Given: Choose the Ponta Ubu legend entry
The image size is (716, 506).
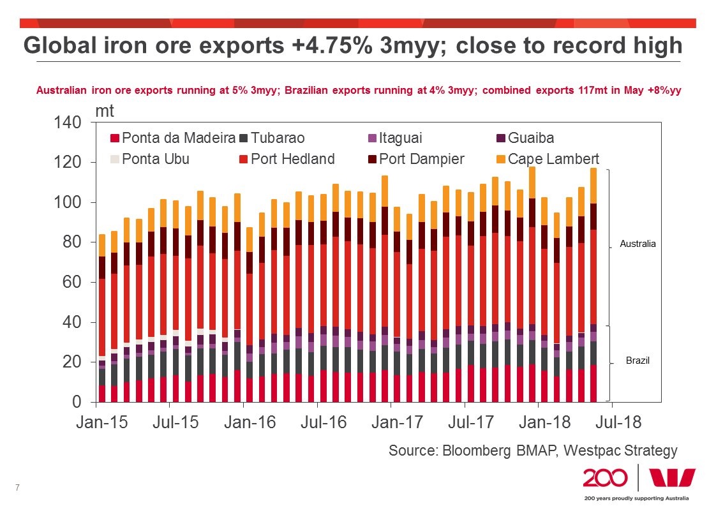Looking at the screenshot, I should pyautogui.click(x=151, y=159).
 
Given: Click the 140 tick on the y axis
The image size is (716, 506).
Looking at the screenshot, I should pyautogui.click(x=69, y=123).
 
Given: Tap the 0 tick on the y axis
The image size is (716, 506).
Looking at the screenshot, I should pyautogui.click(x=77, y=403).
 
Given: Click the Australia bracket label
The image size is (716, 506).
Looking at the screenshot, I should pyautogui.click(x=638, y=244).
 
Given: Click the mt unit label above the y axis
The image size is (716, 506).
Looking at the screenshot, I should pyautogui.click(x=105, y=110).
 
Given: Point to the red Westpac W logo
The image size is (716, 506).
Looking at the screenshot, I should pyautogui.click(x=672, y=479).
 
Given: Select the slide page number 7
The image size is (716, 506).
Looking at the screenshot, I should pyautogui.click(x=17, y=488).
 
